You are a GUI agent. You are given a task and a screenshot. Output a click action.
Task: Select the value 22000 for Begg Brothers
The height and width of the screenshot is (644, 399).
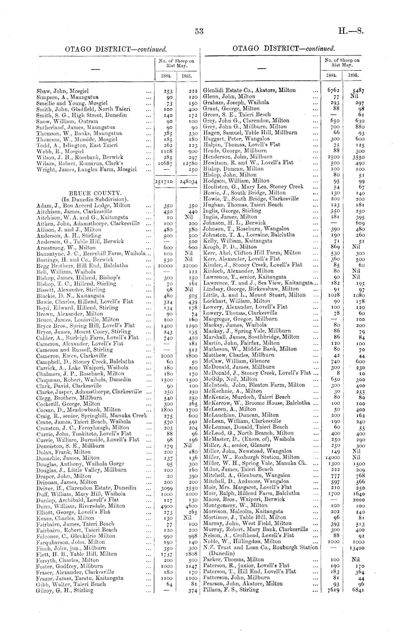point(188,266)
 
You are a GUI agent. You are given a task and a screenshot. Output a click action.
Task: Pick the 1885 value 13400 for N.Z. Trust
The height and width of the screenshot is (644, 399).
point(352,548)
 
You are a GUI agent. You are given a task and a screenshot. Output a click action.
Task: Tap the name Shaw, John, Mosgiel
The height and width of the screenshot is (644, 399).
point(63,91)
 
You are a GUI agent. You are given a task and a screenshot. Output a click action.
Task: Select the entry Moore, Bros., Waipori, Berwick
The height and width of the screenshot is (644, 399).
point(244,499)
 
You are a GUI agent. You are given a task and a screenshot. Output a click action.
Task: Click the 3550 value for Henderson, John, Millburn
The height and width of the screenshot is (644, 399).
point(353,157)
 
